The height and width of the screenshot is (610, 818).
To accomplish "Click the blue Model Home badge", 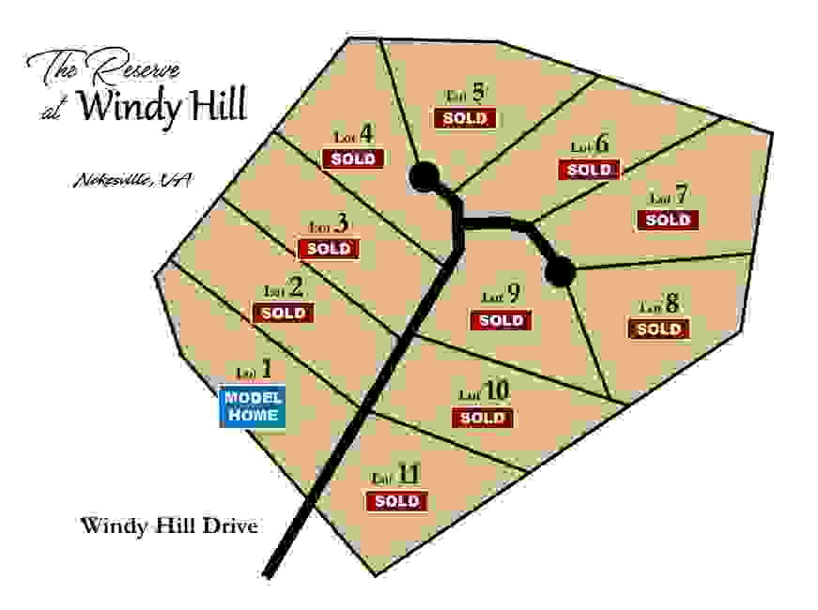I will tap(253, 406).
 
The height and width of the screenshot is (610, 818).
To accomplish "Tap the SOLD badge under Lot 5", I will tap(465, 118).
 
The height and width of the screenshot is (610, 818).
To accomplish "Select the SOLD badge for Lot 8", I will tap(658, 329).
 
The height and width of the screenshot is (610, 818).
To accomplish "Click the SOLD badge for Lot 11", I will tap(396, 501).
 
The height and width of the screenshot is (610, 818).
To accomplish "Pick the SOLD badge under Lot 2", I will tap(283, 313).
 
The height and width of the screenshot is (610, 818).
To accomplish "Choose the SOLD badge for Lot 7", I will tap(668, 220).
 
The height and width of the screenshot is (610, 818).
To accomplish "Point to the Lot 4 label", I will tap(354, 135).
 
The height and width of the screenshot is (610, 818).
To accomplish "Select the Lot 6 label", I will tap(591, 145).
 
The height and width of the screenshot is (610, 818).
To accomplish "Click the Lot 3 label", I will tap(330, 225).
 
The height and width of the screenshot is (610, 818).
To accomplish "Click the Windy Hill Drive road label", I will tap(169, 526).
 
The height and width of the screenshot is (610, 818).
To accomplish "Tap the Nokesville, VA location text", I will tap(131, 181).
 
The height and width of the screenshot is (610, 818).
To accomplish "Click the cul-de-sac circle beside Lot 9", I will tap(560, 272).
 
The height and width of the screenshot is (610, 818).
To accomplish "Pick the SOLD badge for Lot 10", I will tap(483, 418).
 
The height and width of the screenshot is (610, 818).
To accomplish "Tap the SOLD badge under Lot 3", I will tap(328, 249).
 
